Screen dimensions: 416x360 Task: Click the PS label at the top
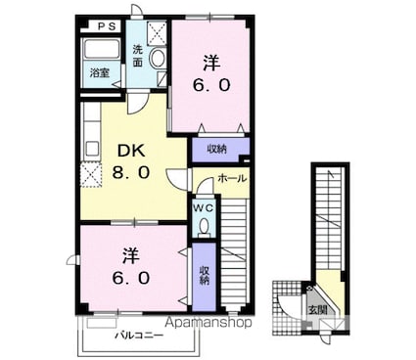(108, 26)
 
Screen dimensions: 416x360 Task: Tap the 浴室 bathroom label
(100, 72)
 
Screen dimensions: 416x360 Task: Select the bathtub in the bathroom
(101, 50)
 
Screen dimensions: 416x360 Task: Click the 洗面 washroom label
(138, 56)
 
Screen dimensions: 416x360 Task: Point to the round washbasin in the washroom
(158, 59)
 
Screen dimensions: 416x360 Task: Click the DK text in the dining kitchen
(131, 151)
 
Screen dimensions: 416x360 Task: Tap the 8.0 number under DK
(131, 172)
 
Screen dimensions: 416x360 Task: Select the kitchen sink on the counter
(92, 150)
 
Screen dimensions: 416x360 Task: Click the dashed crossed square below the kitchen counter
(91, 175)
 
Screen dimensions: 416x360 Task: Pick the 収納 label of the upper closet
(217, 150)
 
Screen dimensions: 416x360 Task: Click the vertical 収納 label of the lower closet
(205, 276)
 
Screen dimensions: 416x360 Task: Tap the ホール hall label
(232, 178)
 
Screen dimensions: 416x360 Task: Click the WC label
(204, 208)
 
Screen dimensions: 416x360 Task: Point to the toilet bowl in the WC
(205, 227)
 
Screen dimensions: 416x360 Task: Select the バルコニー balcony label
(139, 336)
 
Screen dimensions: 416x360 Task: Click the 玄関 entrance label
(318, 310)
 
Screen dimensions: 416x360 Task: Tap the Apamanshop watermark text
(208, 323)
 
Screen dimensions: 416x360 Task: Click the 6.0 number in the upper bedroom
(211, 85)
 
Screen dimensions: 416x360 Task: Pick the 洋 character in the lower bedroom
(131, 256)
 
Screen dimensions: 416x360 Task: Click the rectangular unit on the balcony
(102, 323)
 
